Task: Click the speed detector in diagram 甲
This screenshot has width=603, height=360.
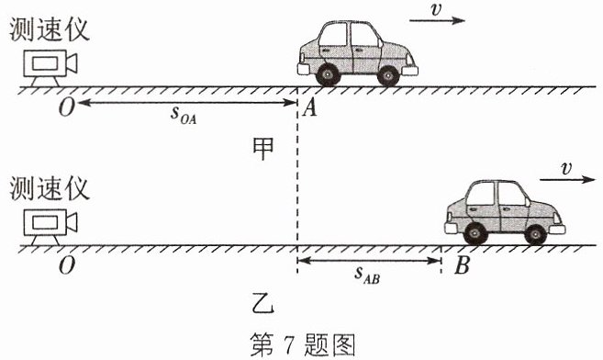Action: (x=50, y=68)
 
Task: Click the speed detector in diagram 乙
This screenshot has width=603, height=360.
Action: (x=50, y=227)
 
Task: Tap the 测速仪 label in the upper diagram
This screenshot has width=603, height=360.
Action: (x=50, y=29)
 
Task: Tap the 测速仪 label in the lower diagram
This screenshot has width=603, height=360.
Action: (x=50, y=188)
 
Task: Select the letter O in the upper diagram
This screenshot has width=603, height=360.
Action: (x=66, y=107)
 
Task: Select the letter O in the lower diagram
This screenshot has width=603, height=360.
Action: (x=66, y=265)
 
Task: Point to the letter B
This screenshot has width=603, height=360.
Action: (x=462, y=265)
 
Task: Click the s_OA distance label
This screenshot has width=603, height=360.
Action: (x=184, y=115)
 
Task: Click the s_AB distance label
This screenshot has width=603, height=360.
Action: (x=367, y=275)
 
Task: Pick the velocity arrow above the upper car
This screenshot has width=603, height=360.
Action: (x=437, y=20)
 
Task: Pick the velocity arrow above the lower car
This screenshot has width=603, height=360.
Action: (x=567, y=179)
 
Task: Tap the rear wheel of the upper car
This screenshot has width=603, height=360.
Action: (x=328, y=73)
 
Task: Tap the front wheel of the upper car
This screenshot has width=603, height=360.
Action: (x=388, y=74)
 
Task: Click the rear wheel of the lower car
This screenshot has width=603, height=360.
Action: (x=475, y=233)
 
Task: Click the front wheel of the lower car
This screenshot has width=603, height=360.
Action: (x=535, y=234)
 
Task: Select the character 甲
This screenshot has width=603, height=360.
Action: (x=263, y=149)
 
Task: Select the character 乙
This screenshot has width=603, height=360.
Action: (x=263, y=303)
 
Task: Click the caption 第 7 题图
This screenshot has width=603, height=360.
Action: (x=302, y=344)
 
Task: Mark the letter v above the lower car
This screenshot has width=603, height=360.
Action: (x=566, y=168)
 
